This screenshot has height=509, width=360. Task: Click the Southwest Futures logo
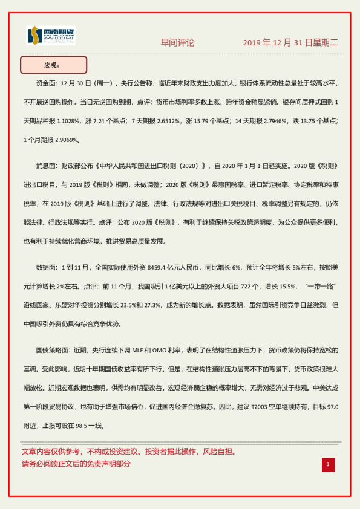(51, 37)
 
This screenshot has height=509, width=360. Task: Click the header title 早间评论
(177, 43)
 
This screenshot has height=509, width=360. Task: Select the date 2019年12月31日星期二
(290, 43)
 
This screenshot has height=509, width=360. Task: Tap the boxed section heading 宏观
(53, 65)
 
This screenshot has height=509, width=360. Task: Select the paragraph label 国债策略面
(53, 350)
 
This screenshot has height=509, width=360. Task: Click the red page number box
(327, 464)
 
